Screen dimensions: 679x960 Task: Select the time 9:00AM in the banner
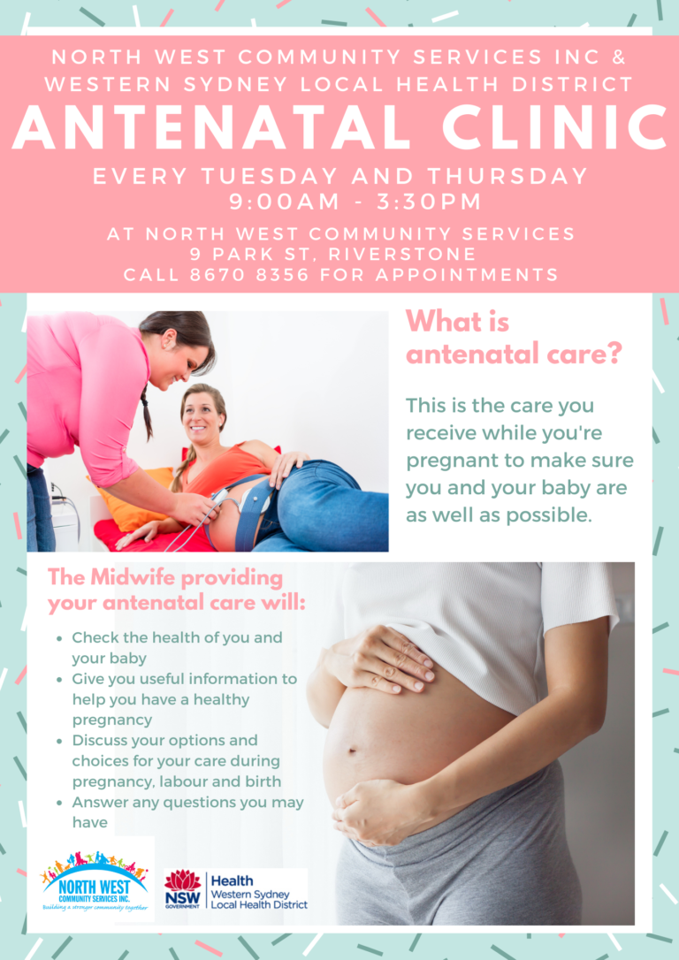(x=284, y=202)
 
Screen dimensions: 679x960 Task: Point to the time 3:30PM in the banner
(x=429, y=202)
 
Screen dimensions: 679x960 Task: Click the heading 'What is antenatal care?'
(x=515, y=338)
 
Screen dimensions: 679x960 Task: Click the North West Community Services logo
(x=95, y=880)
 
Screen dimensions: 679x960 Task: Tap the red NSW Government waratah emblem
(x=182, y=881)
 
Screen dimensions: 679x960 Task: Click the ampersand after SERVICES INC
(x=619, y=57)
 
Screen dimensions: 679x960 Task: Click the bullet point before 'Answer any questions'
(x=58, y=803)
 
